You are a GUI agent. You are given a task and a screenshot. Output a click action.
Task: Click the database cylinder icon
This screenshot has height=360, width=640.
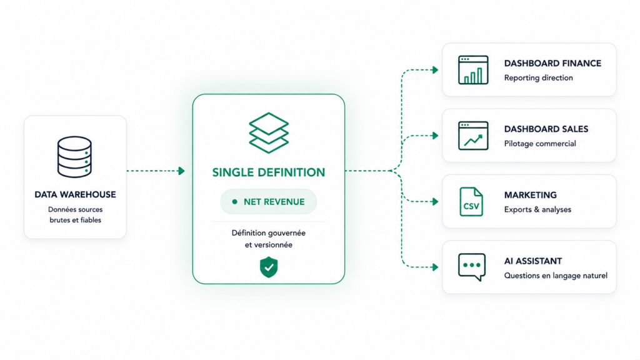pos(74,157)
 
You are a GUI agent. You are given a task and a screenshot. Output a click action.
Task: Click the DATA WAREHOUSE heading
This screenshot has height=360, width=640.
pos(75,195)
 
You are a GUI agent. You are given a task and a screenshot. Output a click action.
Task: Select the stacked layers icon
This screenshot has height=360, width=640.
pos(269,133)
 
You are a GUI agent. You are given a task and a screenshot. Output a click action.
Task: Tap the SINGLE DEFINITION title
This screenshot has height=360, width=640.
pos(269,172)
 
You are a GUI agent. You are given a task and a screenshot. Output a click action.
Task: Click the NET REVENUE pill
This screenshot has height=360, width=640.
pos(269,202)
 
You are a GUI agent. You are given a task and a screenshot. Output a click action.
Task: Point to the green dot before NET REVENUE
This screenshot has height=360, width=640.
pos(235,202)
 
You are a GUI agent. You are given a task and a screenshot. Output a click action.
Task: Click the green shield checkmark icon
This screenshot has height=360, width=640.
pos(269,267)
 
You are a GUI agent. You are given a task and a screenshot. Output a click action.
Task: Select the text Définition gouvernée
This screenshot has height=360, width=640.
pos(269,233)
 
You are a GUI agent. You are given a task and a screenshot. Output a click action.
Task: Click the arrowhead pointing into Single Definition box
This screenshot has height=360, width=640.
pos(182,171)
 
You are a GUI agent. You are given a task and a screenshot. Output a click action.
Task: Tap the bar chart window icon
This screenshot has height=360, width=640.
pos(473,70)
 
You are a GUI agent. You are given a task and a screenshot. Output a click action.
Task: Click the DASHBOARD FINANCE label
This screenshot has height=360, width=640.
pos(552,63)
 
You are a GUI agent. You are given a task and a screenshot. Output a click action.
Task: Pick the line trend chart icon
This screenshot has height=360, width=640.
pos(473,136)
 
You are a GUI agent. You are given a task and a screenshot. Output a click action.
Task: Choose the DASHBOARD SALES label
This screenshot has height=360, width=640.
pos(546,129)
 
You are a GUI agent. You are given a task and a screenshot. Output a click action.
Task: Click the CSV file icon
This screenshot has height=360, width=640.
pos(471,202)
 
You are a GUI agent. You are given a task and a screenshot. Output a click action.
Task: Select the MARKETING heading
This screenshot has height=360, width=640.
pos(530,195)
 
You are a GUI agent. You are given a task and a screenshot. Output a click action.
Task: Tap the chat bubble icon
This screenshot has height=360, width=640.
pos(472,267)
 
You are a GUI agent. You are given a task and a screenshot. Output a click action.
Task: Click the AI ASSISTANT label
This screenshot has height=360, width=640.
pos(533,261)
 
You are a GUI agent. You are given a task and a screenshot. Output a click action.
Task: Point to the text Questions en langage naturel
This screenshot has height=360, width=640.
pos(556,276)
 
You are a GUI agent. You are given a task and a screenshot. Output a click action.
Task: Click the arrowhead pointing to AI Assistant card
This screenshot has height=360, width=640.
pos(435,267)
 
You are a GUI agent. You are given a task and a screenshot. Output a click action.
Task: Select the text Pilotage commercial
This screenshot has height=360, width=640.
pos(540,144)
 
